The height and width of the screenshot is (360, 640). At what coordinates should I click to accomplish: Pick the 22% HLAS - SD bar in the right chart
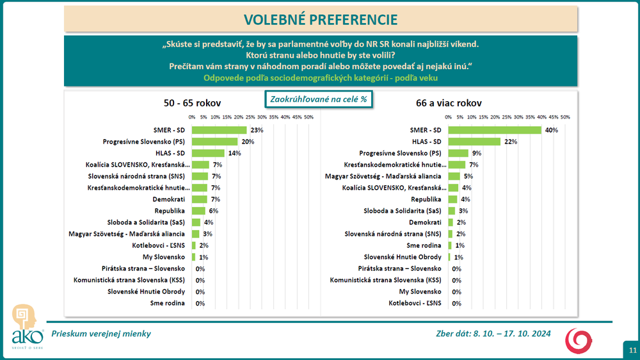coord(474,142)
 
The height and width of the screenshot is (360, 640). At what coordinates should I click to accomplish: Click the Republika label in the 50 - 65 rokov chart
coord(170,210)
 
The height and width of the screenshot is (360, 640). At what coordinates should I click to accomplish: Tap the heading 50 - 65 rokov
coord(193,102)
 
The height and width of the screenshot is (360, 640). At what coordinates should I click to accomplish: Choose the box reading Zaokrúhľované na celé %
coord(319,100)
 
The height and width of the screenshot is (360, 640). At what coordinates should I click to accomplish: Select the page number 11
coord(632,350)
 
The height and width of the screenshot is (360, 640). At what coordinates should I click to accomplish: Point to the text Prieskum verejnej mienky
coord(101,334)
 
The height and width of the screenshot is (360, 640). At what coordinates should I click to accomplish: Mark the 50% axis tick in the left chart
coord(308,117)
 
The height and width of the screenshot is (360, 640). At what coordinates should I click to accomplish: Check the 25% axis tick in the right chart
coord(506,117)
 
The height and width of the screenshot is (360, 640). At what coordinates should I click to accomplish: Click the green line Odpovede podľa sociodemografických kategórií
coord(321,78)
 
